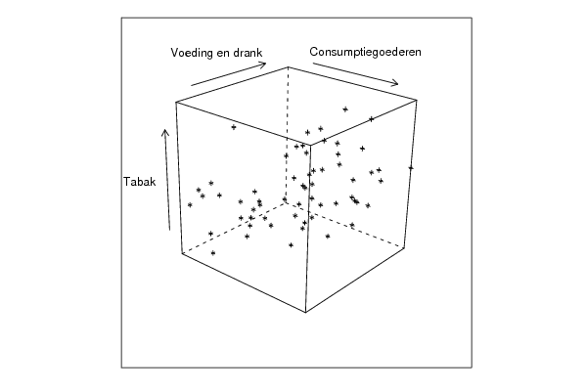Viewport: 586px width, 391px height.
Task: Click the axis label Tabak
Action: point(139,182)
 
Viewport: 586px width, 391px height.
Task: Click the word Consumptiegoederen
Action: point(365,52)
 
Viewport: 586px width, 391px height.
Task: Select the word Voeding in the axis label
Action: point(192,53)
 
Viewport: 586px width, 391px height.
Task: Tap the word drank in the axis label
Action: point(248,53)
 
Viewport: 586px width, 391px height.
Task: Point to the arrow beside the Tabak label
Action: point(167,180)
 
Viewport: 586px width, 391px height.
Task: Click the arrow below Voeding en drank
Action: point(228,74)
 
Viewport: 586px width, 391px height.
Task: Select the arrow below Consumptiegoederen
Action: point(355,74)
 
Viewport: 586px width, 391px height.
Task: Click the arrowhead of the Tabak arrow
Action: point(164,130)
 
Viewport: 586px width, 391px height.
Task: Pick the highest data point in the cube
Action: point(345,109)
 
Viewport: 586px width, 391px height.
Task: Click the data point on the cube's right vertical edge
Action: point(411,168)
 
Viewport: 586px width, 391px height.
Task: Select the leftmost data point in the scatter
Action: point(190,204)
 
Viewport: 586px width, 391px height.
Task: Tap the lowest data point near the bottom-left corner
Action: point(213,253)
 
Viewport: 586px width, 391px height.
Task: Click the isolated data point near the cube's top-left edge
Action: point(234,127)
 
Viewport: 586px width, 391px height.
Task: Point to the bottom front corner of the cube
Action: point(305,312)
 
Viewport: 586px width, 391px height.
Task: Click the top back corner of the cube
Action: point(289,66)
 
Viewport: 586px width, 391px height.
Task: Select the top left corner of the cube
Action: point(176,102)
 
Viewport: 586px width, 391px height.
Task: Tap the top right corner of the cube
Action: point(417,100)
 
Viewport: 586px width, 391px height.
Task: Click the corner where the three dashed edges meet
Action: point(286,202)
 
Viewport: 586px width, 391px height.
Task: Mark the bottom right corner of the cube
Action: point(404,247)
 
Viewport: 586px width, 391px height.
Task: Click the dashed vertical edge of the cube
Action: point(287,135)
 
